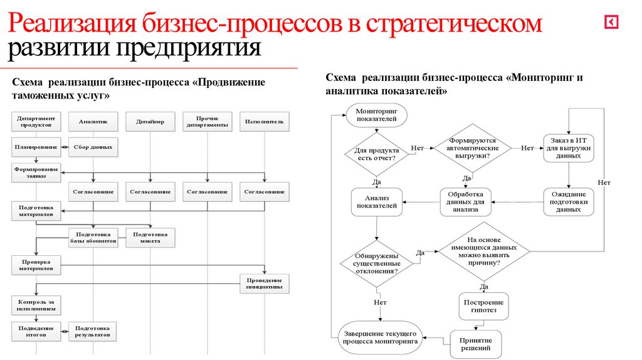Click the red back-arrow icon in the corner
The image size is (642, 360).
[x=611, y=23]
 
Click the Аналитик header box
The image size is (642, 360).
[x=93, y=122]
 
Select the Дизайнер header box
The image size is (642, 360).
[x=150, y=122]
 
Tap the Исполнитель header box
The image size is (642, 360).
[x=264, y=122]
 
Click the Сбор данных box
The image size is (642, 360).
[x=93, y=147]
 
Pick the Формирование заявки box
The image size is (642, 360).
[x=36, y=172]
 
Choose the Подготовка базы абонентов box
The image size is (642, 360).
[x=93, y=237]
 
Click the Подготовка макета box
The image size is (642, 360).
[x=150, y=237]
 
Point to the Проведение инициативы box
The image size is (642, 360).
[x=264, y=283]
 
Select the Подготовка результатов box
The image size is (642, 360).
[x=93, y=331]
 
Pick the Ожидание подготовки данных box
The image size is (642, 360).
[x=568, y=201]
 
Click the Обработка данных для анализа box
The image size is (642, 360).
[x=466, y=201]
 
